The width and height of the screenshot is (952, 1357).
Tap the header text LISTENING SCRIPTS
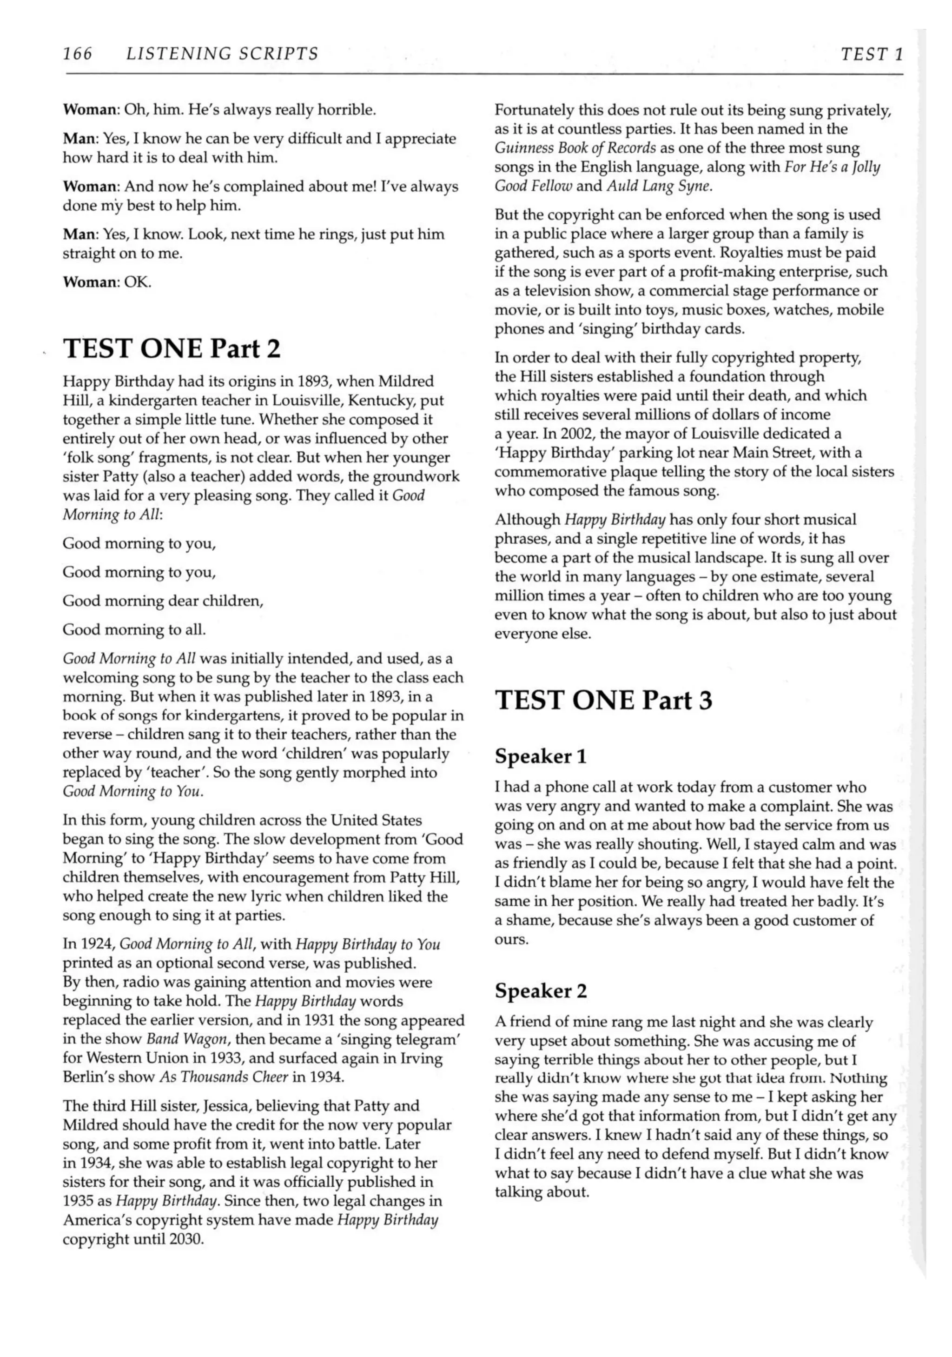(x=222, y=54)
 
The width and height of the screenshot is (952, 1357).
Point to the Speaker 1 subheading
(x=540, y=756)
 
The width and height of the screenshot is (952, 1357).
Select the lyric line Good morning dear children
(x=162, y=601)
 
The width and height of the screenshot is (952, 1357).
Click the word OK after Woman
(x=137, y=282)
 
